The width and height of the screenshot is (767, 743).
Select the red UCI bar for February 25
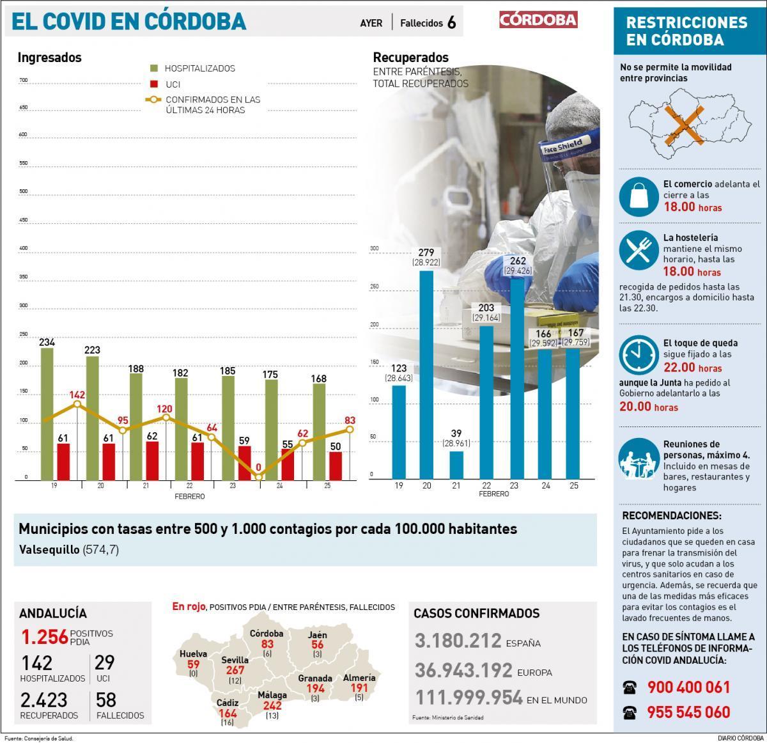pos(335,465)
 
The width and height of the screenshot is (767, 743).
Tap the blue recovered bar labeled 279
pos(426,374)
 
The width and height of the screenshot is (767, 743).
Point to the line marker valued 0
pos(259,476)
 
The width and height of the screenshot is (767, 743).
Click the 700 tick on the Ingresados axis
pos(24,81)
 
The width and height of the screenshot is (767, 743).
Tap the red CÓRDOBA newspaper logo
pos(538,20)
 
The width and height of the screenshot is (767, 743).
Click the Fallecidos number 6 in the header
pos(452,23)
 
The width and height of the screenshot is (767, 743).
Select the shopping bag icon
pos(639,196)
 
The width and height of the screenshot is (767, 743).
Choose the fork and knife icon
pos(639,250)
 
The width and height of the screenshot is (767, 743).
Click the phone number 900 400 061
pos(688,687)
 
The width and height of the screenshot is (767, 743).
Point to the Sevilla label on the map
pos(235,660)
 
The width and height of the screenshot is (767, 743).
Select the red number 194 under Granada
pos(315,689)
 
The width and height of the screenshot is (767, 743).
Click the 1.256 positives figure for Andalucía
pos(44,637)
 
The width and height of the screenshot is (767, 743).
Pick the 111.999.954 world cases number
pos(469,698)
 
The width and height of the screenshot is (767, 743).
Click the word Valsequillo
pos(49,550)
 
